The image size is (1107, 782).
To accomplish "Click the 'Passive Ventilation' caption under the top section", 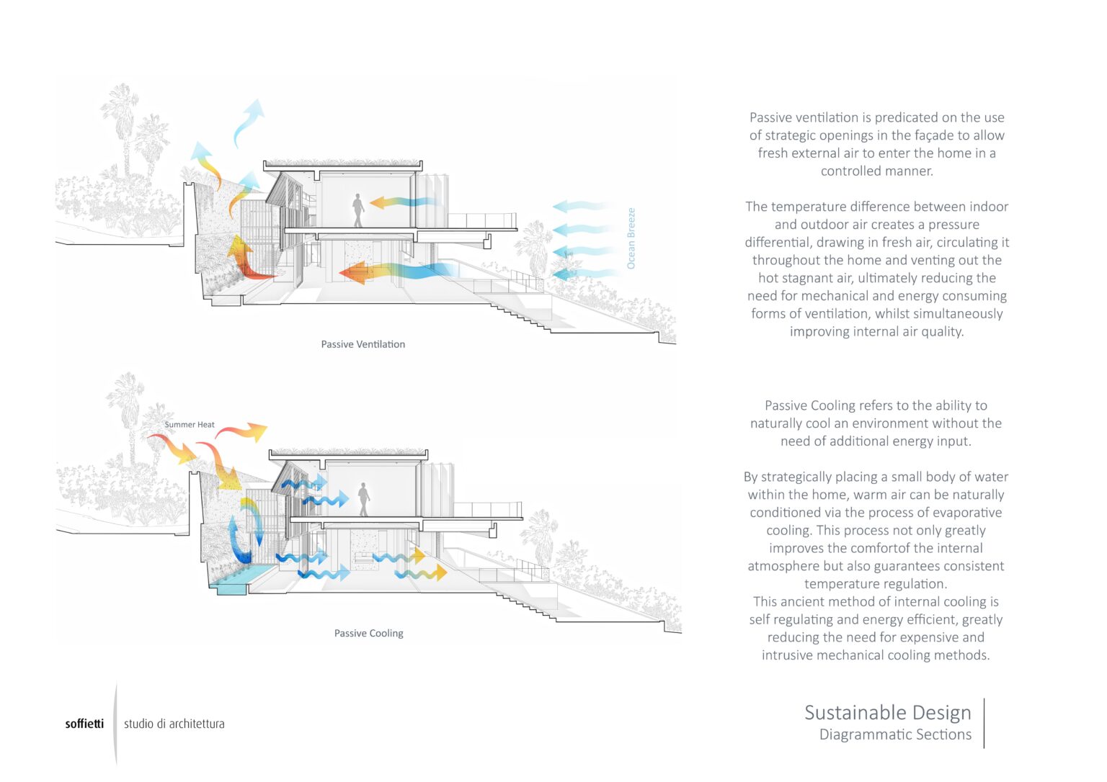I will click(363, 344).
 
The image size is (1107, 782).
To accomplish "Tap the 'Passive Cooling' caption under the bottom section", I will click(368, 633).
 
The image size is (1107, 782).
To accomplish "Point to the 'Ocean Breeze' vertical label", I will click(631, 238).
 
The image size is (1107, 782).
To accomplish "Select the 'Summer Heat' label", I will click(190, 424).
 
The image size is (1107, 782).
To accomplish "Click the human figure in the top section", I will click(358, 210).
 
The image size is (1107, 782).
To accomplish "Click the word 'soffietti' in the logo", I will click(84, 724).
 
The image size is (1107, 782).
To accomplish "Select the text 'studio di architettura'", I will click(174, 724).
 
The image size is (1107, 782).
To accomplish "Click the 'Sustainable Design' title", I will click(887, 712).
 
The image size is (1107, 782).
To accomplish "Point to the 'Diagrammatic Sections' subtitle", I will click(895, 734).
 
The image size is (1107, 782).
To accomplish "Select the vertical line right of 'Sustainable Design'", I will click(984, 722).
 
